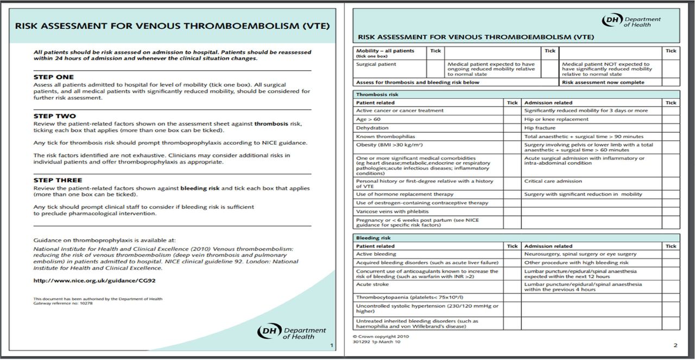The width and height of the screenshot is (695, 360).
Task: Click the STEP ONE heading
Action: (x=54, y=77)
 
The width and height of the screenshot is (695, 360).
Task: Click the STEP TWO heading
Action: (x=54, y=116)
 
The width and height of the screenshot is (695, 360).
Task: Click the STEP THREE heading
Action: (x=58, y=180)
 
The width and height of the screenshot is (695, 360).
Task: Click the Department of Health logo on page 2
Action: (x=631, y=21)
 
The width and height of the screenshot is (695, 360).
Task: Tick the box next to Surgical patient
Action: (x=435, y=68)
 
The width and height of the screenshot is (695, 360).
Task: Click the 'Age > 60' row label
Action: (x=368, y=119)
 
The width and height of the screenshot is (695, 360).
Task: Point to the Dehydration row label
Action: (x=372, y=128)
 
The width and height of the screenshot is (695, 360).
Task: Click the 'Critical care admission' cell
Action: (x=553, y=181)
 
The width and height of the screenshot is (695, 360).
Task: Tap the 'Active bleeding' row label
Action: (x=376, y=254)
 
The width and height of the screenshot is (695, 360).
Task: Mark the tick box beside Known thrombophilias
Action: (x=512, y=136)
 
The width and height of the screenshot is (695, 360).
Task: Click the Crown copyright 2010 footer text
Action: (x=381, y=337)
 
